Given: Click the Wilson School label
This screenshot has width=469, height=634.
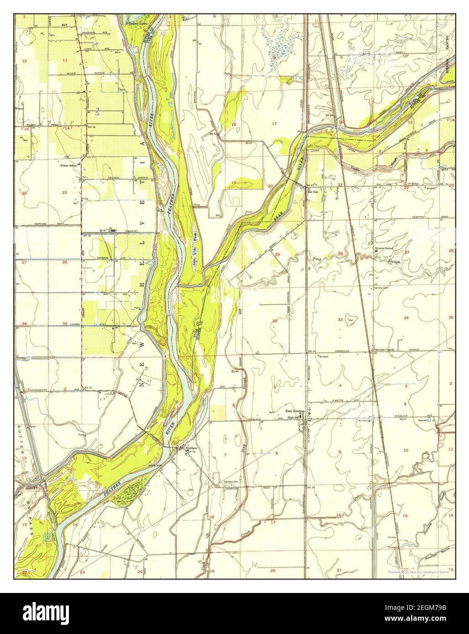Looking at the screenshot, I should pyautogui.click(x=69, y=166).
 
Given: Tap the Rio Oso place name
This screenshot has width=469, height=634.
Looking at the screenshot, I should pyautogui.click(x=312, y=192).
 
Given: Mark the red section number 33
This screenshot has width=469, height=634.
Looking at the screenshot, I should pyautogui.click(x=340, y=320).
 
